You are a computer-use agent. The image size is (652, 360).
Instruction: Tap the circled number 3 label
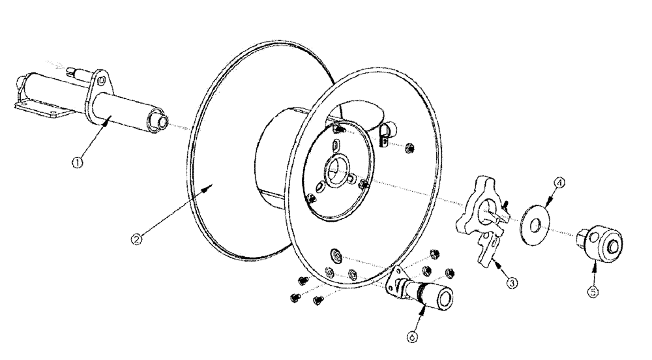(x=513, y=284)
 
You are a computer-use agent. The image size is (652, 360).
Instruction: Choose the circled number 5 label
(x=593, y=292)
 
